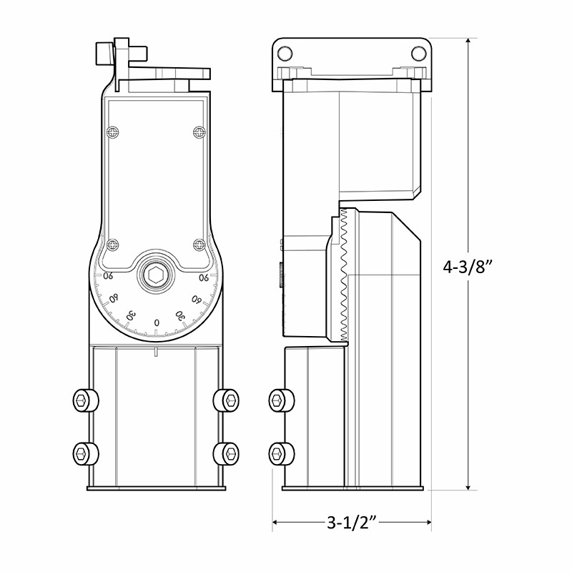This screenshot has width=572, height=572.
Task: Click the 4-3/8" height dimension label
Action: click(x=468, y=267)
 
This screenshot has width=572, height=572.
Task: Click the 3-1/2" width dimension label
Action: click(x=351, y=522)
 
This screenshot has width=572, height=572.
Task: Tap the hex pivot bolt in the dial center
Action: click(x=155, y=275)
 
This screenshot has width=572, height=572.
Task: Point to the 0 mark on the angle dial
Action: click(x=157, y=322)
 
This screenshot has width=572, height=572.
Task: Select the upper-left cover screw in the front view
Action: click(x=113, y=132)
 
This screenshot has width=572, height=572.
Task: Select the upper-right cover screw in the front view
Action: click(x=199, y=132)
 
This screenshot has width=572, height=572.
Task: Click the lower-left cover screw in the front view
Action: click(x=113, y=245)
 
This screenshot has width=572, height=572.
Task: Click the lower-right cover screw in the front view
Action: click(x=199, y=245)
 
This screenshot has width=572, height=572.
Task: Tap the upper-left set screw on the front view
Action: click(x=85, y=400)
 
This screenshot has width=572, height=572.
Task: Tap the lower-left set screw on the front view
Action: click(x=85, y=454)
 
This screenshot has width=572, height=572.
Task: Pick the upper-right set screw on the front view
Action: click(x=226, y=400)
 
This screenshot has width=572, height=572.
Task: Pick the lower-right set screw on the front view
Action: click(x=226, y=454)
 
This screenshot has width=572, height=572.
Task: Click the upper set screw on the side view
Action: click(x=282, y=400)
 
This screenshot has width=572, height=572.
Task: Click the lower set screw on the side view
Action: click(x=282, y=454)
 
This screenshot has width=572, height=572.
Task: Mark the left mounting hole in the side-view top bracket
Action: click(x=285, y=54)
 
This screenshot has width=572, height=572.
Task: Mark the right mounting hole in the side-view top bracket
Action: click(x=419, y=54)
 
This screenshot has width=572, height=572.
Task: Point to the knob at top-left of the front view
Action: click(x=104, y=54)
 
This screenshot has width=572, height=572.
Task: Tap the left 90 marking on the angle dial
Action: click(x=108, y=276)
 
